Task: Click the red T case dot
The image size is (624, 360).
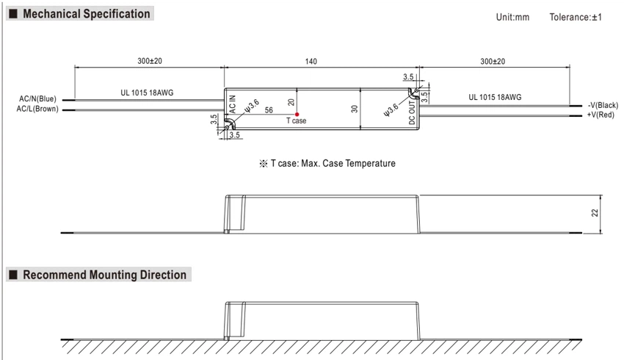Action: [297, 115]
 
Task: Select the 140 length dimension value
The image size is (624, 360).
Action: [311, 61]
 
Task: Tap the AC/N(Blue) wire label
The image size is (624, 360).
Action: [37, 98]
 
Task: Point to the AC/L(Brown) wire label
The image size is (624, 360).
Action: [37, 109]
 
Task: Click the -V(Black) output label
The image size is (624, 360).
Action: [603, 105]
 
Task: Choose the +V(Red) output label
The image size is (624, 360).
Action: [601, 115]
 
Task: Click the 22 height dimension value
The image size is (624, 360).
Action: [595, 213]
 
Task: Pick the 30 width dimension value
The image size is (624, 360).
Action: [354, 109]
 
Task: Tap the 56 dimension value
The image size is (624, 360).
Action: [269, 110]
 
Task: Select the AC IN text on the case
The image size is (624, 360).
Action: [233, 104]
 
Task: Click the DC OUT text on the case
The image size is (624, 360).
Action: [413, 112]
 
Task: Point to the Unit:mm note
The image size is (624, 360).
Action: [512, 17]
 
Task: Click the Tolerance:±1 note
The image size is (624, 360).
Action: [576, 17]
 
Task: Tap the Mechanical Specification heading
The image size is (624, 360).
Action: [87, 13]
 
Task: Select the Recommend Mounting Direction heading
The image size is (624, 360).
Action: [105, 275]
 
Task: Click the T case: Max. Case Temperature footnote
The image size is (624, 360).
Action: [333, 163]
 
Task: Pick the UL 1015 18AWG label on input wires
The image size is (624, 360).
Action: [147, 93]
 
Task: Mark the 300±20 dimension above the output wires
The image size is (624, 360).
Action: [493, 61]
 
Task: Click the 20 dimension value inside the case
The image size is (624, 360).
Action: [291, 102]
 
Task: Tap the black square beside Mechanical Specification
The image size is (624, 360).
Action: [13, 14]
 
